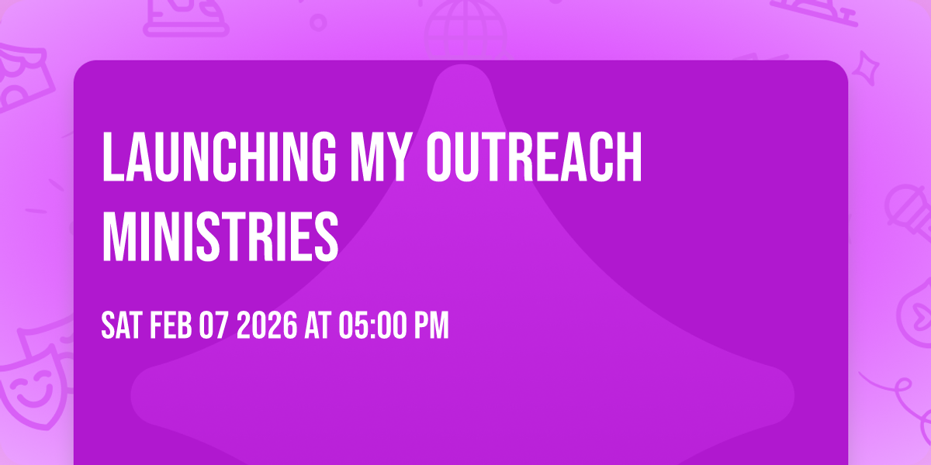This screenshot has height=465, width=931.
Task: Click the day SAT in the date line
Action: pyautogui.click(x=120, y=326)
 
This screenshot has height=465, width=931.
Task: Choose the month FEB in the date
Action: pyautogui.click(x=166, y=326)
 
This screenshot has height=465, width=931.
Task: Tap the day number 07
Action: pyautogui.click(x=212, y=326)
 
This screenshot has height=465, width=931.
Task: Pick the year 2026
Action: pyautogui.click(x=266, y=326)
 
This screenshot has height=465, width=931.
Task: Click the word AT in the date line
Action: pyautogui.click(x=318, y=326)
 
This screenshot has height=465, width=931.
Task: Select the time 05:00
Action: pyautogui.click(x=373, y=326)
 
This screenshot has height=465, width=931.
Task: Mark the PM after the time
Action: pyautogui.click(x=431, y=326)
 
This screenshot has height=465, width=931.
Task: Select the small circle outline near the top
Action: pyautogui.click(x=318, y=21)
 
